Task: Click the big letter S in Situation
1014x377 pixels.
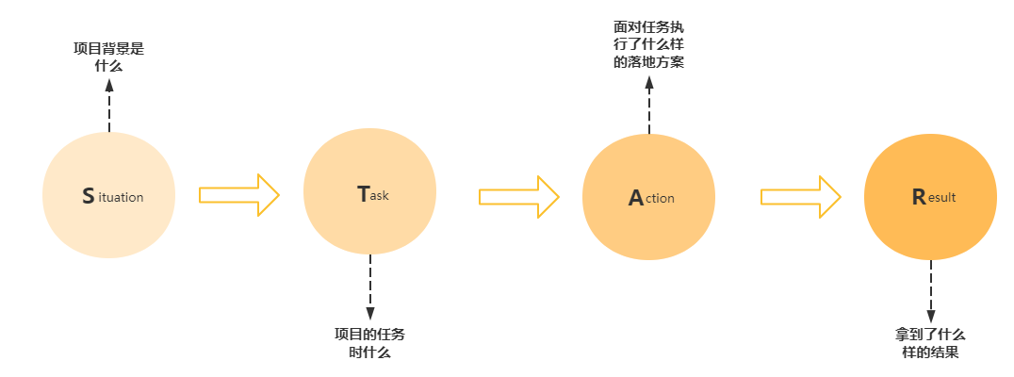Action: point(89,196)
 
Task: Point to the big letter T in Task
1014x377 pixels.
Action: point(364,194)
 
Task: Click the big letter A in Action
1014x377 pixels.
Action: point(636,198)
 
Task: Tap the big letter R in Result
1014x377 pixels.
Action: point(919,197)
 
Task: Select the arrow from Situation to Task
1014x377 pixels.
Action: point(239,195)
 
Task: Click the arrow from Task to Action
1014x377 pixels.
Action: point(518,196)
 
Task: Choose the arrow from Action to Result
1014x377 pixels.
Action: point(800,196)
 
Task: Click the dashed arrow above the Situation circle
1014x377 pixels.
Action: point(109,106)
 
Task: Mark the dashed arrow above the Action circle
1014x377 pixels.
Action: point(649,104)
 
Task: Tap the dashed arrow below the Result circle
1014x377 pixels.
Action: point(931,291)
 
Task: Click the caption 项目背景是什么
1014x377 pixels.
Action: point(109,57)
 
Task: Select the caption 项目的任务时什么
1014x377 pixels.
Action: point(370,343)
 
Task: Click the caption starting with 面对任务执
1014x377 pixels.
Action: point(648,45)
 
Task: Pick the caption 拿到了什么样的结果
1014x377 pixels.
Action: point(931,343)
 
